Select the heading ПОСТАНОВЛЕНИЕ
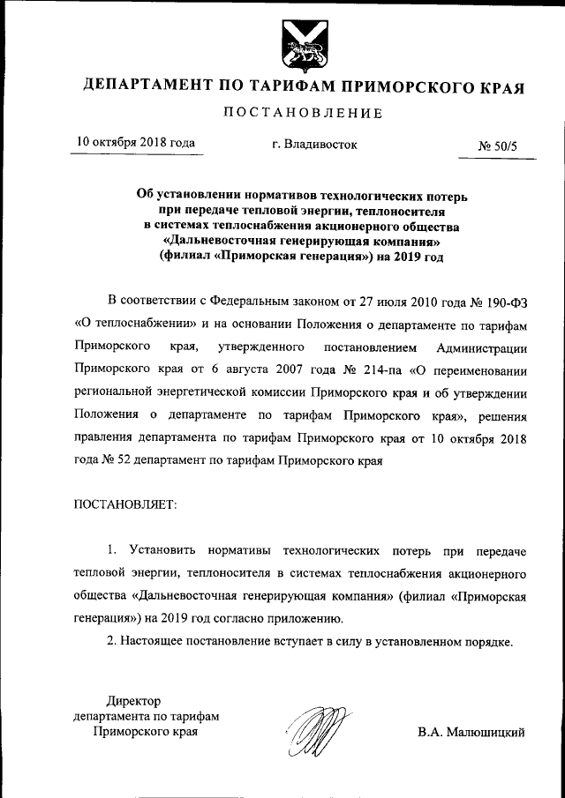pyautogui.click(x=303, y=113)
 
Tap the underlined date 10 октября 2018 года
pyautogui.click(x=135, y=142)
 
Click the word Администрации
pyautogui.click(x=482, y=347)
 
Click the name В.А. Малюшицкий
pyautogui.click(x=471, y=732)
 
